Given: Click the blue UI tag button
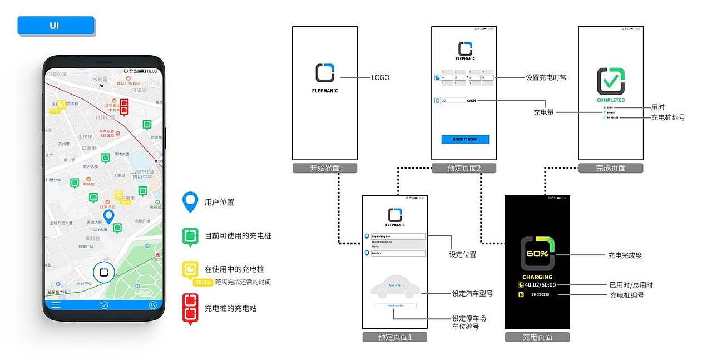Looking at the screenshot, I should (56, 26).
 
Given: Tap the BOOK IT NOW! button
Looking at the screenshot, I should (465, 139).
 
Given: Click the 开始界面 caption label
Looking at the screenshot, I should (325, 168).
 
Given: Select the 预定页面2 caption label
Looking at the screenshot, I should (464, 168).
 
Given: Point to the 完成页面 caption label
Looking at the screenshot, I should (611, 168).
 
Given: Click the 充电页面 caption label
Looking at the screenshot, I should (537, 337).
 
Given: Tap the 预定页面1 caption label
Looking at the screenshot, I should (394, 337).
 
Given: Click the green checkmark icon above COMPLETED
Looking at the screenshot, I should (611, 82).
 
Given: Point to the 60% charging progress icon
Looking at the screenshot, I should (537, 254).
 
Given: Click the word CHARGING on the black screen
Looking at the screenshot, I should (537, 277).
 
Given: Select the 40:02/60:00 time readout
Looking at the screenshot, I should (540, 285).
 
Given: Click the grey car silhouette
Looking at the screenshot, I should (395, 286).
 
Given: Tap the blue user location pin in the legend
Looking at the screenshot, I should (190, 203).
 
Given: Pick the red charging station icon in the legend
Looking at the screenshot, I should (190, 308).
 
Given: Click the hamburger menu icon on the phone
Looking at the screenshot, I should (56, 305).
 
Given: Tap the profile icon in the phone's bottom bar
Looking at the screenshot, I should (152, 305).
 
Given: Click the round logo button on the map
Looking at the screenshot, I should (103, 272).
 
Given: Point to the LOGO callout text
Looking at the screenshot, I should (380, 77).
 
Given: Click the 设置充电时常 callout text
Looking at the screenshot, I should (546, 77).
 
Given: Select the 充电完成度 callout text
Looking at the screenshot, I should (625, 255).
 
